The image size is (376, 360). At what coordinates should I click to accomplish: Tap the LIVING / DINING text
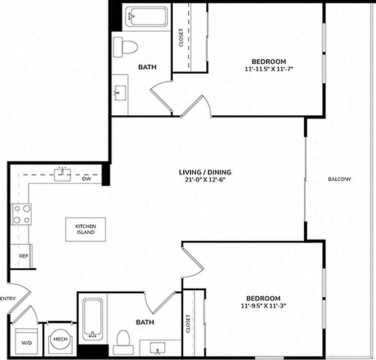(205, 172)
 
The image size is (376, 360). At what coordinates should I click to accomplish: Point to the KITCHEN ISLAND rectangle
(86, 229)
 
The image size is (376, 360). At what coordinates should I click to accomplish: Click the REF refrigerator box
(22, 256)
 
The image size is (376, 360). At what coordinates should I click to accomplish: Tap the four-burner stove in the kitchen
(21, 214)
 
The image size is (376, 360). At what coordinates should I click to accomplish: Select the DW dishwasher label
(86, 178)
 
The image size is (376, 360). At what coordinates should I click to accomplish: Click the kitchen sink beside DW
(63, 174)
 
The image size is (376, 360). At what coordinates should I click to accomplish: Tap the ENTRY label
(8, 299)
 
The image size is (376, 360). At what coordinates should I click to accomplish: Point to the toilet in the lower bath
(122, 341)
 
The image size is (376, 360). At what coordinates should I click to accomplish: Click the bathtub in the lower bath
(92, 318)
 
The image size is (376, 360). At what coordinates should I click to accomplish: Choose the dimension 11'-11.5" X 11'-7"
(269, 69)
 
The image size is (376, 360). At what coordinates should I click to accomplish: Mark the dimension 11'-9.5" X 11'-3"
(266, 305)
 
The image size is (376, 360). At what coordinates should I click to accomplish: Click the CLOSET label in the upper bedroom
(181, 38)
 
